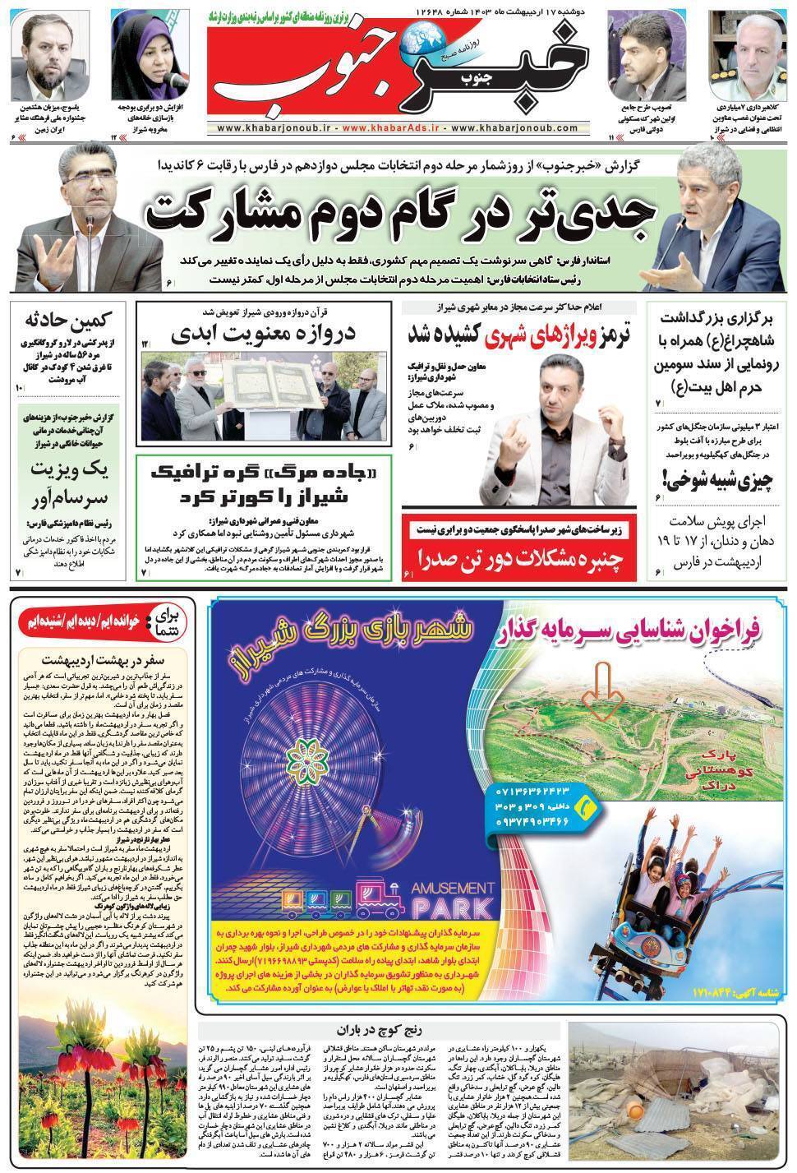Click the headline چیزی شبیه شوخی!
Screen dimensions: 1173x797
coord(709,478)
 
